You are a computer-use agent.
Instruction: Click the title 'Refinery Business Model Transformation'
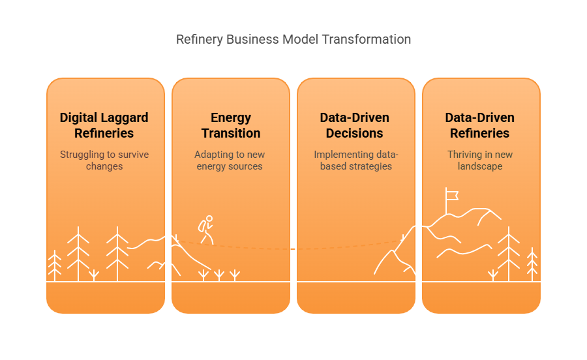[293, 39]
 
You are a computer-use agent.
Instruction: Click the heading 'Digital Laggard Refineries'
[104, 125]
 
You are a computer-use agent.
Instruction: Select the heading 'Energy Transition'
[230, 125]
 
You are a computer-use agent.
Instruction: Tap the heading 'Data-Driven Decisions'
[355, 125]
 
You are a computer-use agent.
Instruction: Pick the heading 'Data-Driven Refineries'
[480, 125]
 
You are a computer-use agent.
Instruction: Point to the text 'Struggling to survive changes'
[104, 160]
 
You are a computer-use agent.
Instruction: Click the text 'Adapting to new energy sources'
[230, 160]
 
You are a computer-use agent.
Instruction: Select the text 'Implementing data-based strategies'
[355, 160]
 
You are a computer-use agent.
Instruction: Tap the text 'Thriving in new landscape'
[480, 160]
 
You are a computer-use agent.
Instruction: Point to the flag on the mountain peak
[451, 194]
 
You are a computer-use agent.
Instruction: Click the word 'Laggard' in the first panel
[125, 118]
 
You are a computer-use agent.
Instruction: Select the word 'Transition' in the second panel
[231, 133]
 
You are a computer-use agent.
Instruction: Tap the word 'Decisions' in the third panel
[355, 133]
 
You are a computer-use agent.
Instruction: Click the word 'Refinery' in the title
[199, 39]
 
